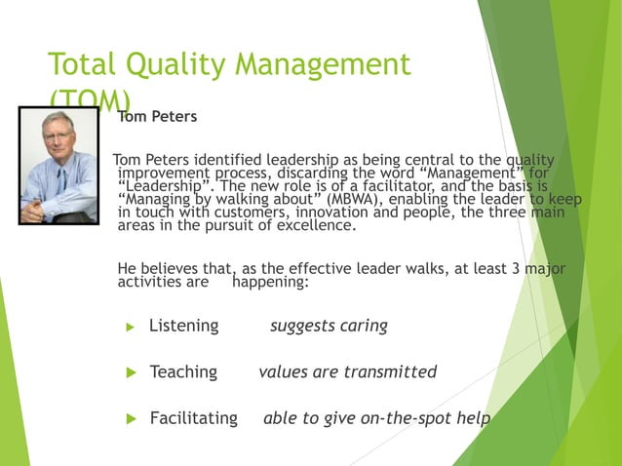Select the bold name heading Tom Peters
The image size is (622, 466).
(157, 117)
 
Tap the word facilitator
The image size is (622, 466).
(397, 185)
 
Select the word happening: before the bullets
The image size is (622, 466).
(271, 283)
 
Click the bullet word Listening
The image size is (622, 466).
(183, 326)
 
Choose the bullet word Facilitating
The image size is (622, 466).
(193, 418)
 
